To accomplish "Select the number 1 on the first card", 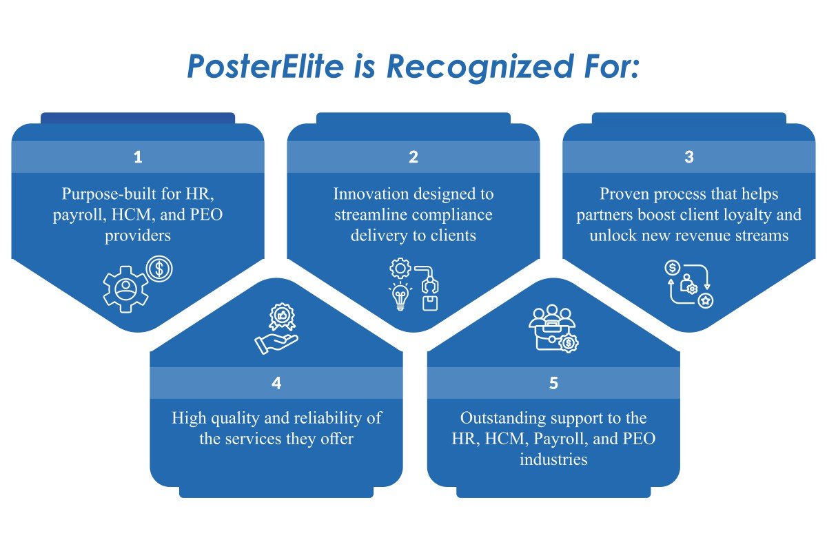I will point(138,157).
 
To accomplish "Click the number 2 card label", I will point(413,157).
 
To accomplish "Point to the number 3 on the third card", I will point(688,157).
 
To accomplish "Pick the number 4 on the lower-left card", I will point(276,384).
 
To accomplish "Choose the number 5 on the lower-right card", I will point(553,384).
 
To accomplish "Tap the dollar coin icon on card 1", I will point(159,269).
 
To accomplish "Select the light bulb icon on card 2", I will point(400,297).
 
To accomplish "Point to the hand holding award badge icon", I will point(276,331).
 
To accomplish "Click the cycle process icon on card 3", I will point(688,283).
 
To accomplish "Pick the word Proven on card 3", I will point(618,194).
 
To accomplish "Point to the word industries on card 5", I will point(553,459).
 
